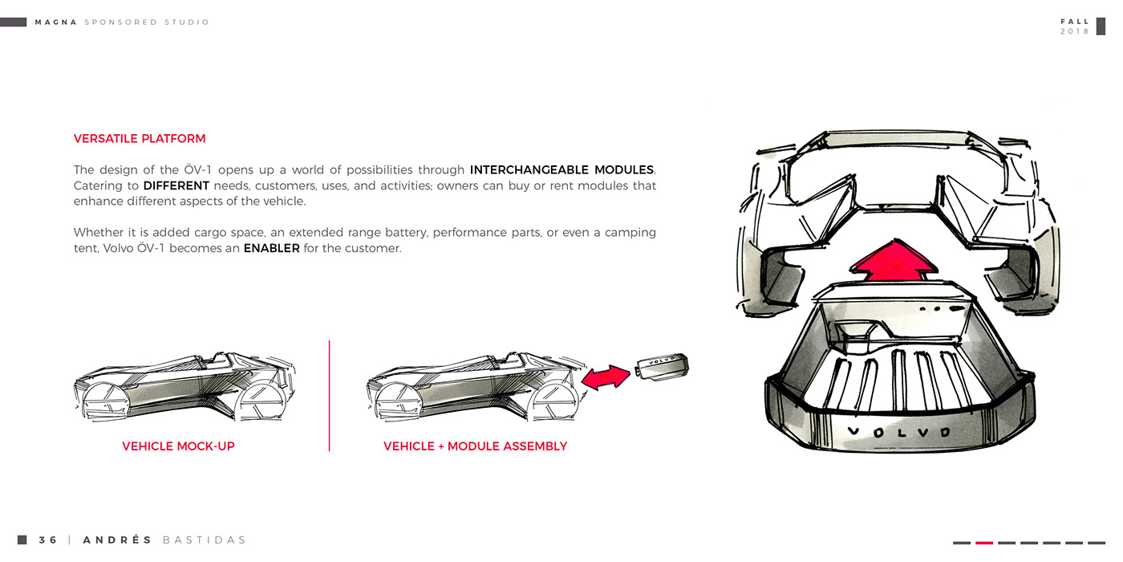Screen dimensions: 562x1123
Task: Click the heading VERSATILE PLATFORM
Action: click(140, 139)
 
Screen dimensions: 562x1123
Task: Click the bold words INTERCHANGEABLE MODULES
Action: click(561, 170)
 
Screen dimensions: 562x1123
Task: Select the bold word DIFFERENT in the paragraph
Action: click(176, 186)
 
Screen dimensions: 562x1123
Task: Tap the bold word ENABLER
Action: click(271, 249)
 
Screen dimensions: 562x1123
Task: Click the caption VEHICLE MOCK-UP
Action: click(178, 446)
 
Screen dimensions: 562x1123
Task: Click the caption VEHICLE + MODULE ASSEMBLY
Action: click(475, 446)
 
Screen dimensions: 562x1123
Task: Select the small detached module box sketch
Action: click(661, 367)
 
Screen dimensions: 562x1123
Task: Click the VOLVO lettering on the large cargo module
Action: click(898, 432)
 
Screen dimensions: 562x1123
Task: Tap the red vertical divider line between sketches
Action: click(330, 395)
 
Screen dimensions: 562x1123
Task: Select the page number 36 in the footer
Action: click(48, 540)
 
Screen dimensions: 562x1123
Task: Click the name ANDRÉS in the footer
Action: click(117, 540)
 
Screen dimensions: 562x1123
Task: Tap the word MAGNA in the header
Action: click(56, 22)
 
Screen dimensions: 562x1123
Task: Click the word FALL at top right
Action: click(1075, 22)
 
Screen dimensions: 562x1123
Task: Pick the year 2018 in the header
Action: click(1075, 31)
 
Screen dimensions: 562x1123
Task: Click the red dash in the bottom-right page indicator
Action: click(984, 543)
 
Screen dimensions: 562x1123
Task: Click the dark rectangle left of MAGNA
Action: click(14, 22)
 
